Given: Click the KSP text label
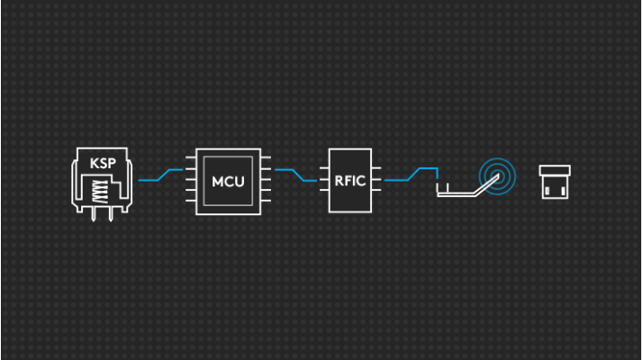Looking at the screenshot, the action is [x=103, y=163].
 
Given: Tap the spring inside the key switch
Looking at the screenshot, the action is [x=101, y=192].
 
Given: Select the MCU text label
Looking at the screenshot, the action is [x=228, y=181].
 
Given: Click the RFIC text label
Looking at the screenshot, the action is [x=349, y=181].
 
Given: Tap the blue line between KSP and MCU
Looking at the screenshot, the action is [x=160, y=175].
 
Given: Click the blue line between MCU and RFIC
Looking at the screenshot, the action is [x=295, y=175].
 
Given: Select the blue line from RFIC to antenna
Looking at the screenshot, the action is [x=412, y=175].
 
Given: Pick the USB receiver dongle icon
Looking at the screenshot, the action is [x=555, y=182].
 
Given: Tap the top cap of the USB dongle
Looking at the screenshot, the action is [x=555, y=170].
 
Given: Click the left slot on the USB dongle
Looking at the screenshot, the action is [x=547, y=191].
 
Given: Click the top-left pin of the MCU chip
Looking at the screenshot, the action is [x=191, y=157].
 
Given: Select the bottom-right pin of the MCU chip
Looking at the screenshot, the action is [x=266, y=201].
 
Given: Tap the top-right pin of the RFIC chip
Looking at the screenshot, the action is [x=376, y=168].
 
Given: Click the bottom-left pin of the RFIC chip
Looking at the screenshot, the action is [x=324, y=190].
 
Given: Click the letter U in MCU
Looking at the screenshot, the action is [x=240, y=181].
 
